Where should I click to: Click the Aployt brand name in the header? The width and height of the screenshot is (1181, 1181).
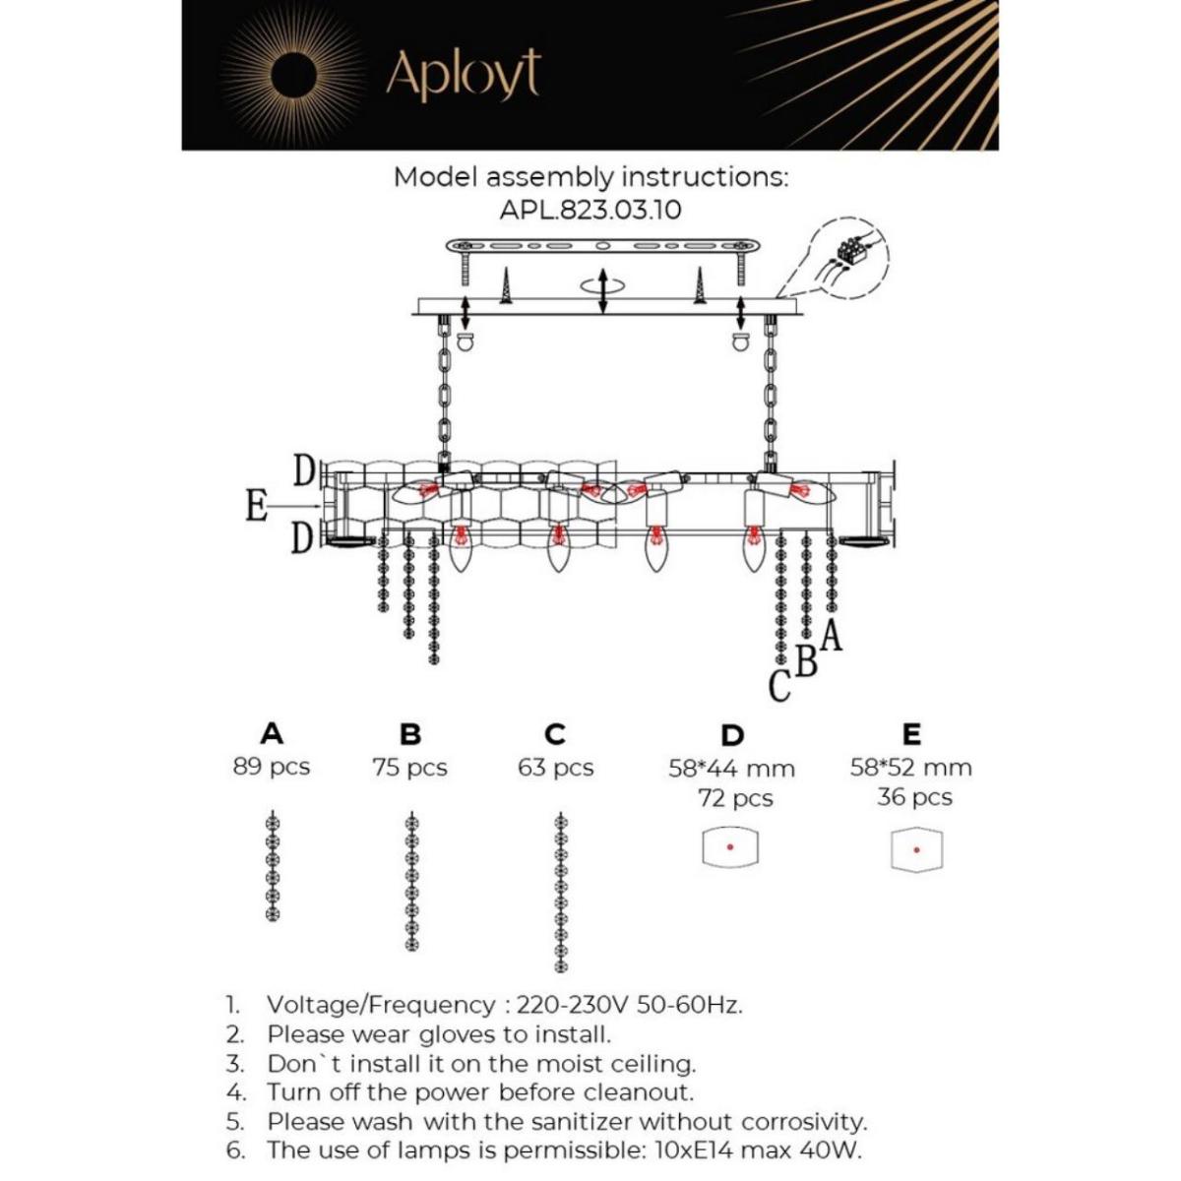coord(463,74)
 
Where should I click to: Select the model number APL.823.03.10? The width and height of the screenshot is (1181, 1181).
coord(590,210)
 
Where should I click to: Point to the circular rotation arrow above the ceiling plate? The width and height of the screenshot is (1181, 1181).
coord(602,283)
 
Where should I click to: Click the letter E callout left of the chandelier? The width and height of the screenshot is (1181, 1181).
coord(256,507)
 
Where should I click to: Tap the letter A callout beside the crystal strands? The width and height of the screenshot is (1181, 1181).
coord(832,638)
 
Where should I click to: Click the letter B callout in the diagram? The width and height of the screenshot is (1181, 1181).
coord(806,662)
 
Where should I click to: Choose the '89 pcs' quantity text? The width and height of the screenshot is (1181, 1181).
coord(272,767)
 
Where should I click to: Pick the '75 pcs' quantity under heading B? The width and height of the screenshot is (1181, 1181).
coord(409,768)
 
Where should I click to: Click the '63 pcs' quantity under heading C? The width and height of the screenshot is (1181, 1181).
coord(556,768)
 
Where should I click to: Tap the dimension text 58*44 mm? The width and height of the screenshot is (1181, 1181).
coord(731,769)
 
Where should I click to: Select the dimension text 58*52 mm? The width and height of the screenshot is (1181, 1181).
coord(910,768)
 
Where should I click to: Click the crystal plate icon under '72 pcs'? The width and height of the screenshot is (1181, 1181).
coord(730,847)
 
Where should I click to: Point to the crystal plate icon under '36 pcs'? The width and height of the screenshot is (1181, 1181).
coord(916,849)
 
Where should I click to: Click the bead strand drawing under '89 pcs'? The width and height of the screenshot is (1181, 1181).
coord(273,866)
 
